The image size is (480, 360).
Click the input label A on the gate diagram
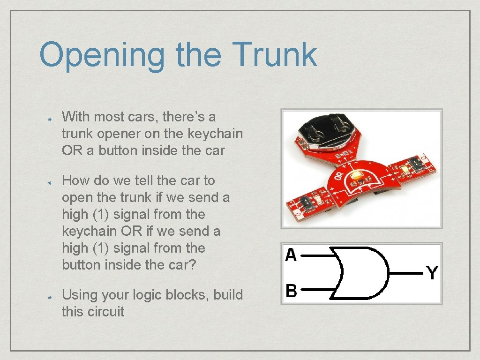pyautogui.click(x=291, y=255)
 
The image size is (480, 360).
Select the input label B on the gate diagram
pyautogui.click(x=291, y=291)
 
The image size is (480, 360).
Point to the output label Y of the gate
pyautogui.click(x=432, y=272)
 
